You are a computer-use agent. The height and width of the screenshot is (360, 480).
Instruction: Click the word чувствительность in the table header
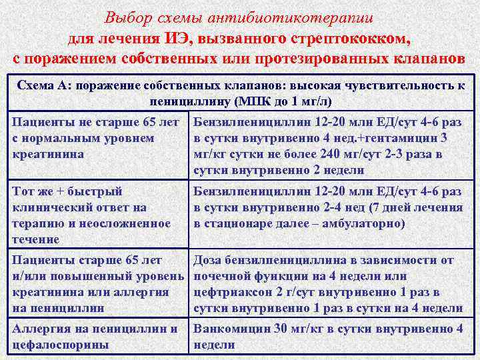[395, 86]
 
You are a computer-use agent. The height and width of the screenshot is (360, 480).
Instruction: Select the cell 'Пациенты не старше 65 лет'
[96, 122]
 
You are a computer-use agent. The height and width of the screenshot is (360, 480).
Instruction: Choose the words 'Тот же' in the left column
[34, 191]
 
